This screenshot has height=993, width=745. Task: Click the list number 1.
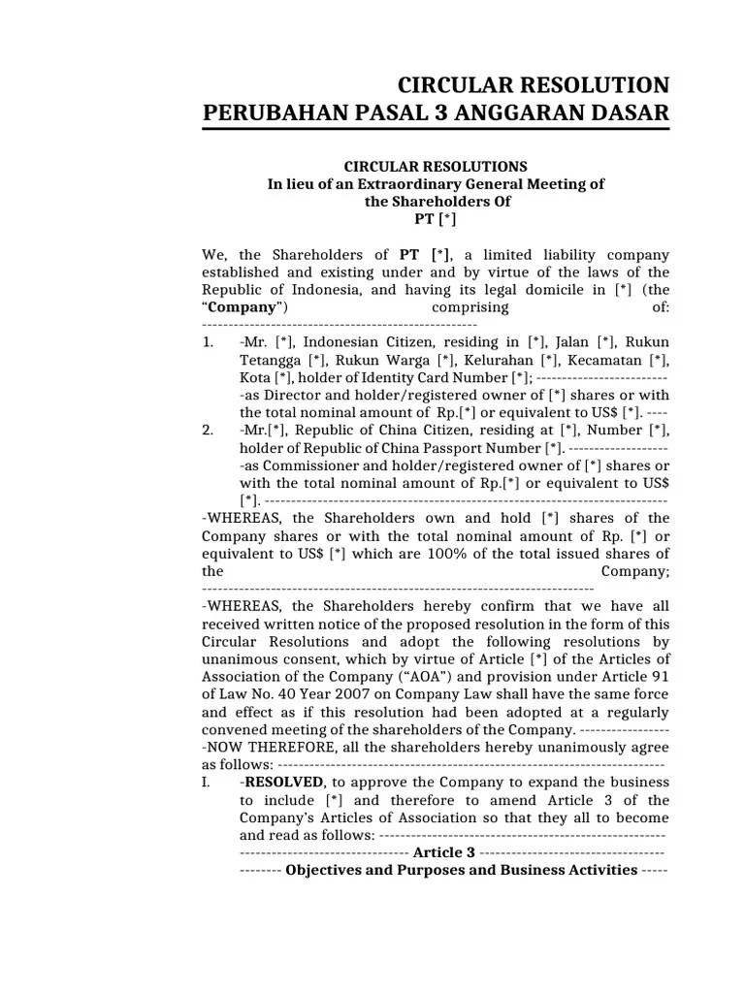209,342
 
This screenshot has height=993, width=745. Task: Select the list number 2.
209,431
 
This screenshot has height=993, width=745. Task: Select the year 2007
347,694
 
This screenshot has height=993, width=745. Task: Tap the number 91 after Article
660,677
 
